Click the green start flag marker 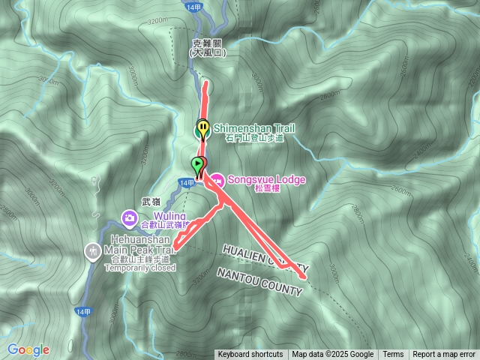click(198, 164)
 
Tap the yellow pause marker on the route click(202, 127)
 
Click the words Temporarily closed click(142, 268)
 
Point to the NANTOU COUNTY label click(259, 281)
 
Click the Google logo click(28, 349)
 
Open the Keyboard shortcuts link click(250, 355)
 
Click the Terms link click(393, 355)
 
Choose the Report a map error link click(444, 355)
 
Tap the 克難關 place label click(208, 43)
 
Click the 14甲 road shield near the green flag click(187, 183)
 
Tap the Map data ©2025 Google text click(333, 355)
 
